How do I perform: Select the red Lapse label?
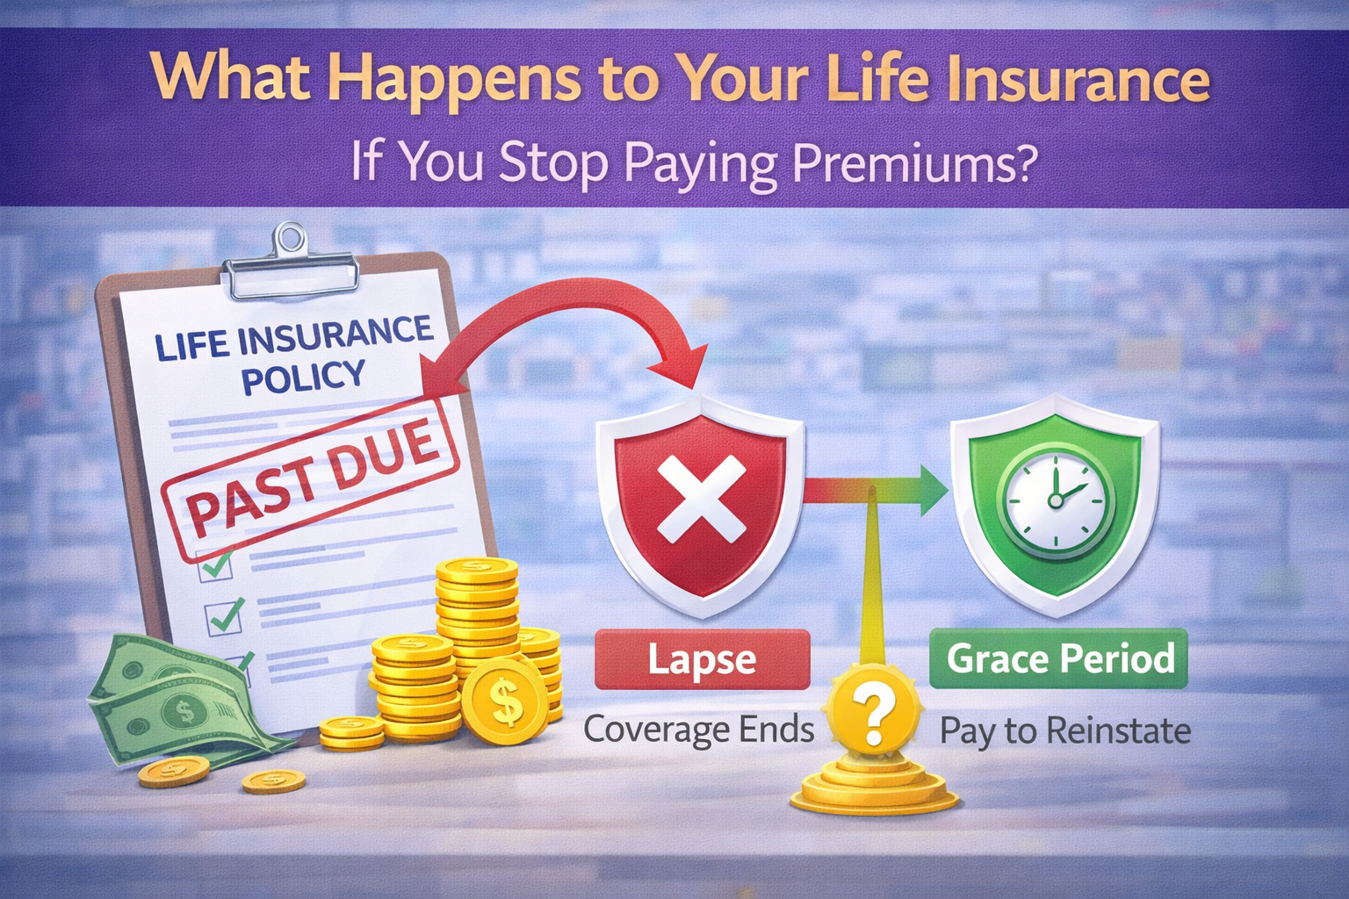click(702, 659)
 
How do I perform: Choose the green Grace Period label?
click(1059, 658)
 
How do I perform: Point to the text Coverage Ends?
click(699, 730)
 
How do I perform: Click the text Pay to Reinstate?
click(1065, 730)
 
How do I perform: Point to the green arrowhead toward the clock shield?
click(933, 490)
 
